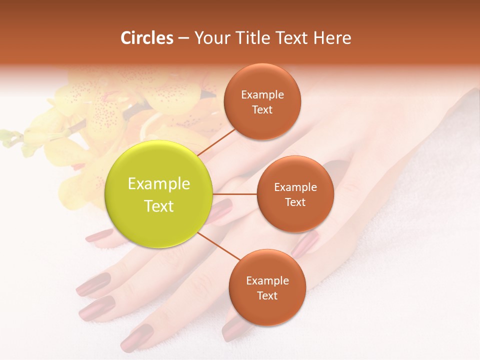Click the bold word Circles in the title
click(146, 38)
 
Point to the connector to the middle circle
click(235, 194)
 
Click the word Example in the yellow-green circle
click(158, 184)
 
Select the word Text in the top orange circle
click(262, 109)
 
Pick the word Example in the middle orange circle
click(295, 187)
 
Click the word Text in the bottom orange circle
click(267, 295)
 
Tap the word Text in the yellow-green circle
click(158, 206)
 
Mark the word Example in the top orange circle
click(262, 95)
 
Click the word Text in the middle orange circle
click(295, 202)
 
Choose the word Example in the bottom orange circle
click(267, 281)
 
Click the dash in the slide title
click(183, 38)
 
